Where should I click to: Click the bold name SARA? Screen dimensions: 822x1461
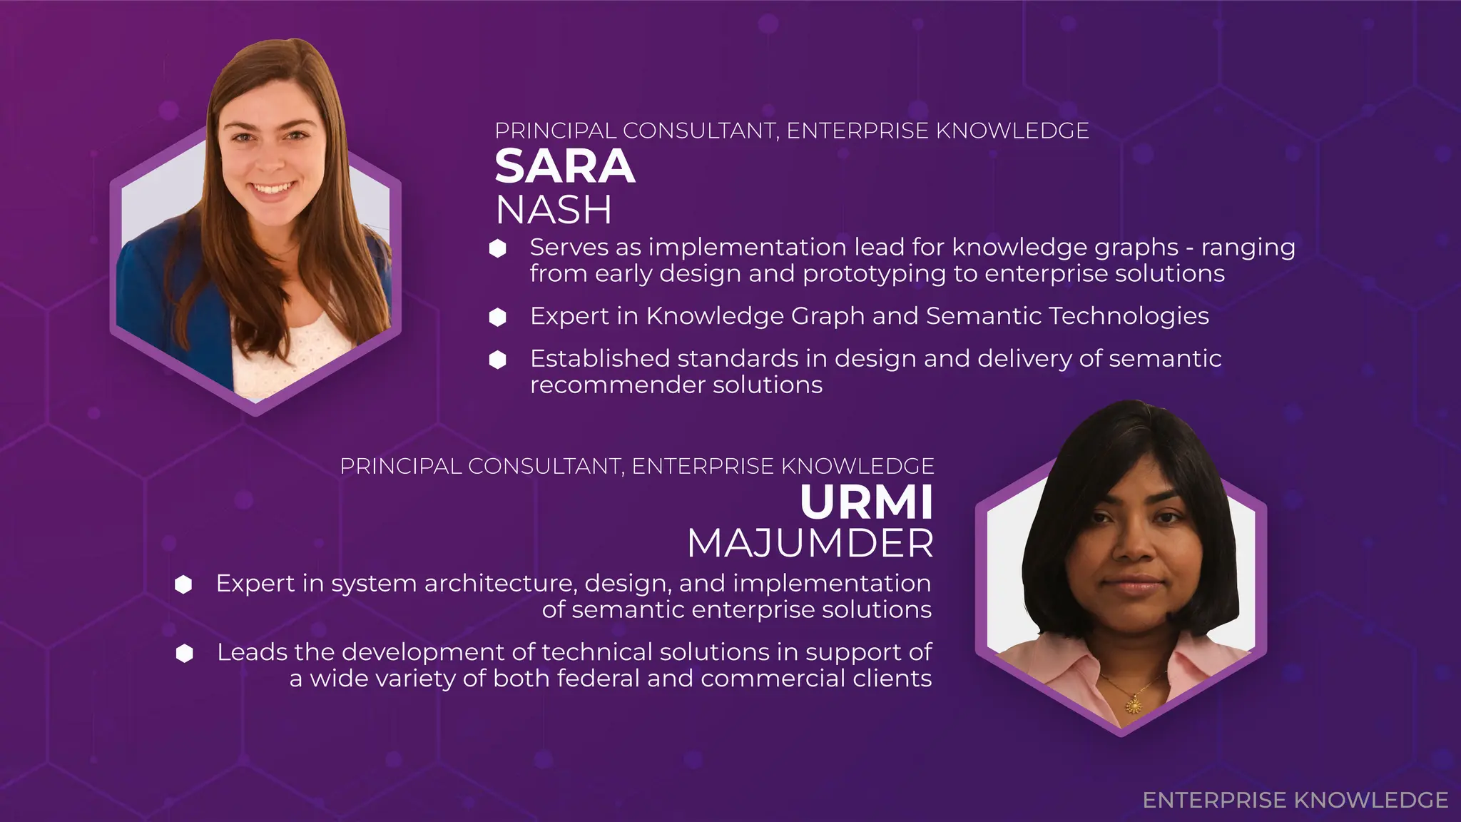tap(564, 167)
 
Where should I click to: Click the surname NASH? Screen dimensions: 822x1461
tap(554, 210)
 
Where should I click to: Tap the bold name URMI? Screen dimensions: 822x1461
tap(866, 502)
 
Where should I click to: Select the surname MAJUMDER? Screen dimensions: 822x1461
tap(810, 544)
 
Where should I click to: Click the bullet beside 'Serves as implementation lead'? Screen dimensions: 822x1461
tap(498, 248)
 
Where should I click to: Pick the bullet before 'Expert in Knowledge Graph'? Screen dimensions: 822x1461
tap(498, 317)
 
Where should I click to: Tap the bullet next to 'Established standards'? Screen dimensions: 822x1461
tap(498, 360)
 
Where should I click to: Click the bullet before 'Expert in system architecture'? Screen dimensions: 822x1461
tap(184, 584)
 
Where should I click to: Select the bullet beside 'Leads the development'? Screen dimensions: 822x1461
tap(185, 653)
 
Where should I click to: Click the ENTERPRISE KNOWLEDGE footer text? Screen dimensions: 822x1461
tap(1295, 800)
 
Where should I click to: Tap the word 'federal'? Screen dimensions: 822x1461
tap(598, 678)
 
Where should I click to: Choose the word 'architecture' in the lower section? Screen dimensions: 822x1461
tap(500, 584)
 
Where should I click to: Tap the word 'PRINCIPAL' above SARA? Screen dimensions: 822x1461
tap(555, 131)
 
